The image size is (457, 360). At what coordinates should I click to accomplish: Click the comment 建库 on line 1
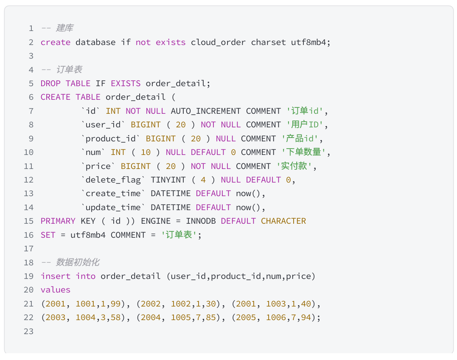coord(64,28)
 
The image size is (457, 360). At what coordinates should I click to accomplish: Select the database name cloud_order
coord(218,42)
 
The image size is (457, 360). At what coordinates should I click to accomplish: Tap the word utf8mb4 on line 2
coord(308,42)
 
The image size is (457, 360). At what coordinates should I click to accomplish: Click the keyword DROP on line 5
coord(50,84)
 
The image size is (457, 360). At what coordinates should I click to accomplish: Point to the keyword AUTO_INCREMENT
coord(206,111)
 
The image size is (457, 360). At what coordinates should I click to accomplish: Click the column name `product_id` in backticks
coord(111,139)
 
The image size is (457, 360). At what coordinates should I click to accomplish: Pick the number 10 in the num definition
coord(146,152)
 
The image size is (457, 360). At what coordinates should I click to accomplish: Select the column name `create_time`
coord(113,194)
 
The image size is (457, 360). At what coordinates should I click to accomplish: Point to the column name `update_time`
coord(113,208)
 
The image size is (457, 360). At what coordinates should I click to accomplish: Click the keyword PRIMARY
coord(58,221)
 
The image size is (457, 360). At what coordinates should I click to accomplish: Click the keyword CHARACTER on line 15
coord(283,221)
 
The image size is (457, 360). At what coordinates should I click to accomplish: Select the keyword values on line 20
coord(56,290)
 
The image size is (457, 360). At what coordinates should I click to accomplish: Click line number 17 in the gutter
coord(28,249)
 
